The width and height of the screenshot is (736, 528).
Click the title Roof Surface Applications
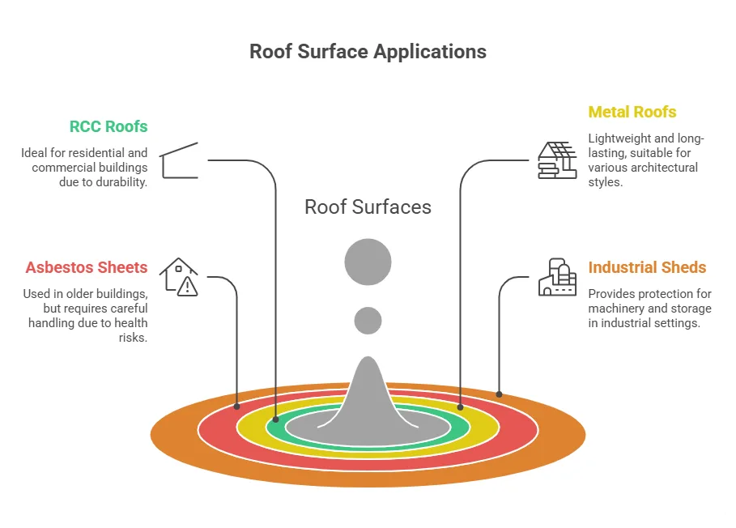(368, 52)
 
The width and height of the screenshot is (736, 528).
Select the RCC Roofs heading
(108, 126)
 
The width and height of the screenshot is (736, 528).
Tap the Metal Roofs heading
(632, 112)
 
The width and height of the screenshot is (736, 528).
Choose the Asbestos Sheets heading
(87, 267)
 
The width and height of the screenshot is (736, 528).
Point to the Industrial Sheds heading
(647, 267)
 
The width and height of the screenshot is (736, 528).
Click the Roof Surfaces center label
(368, 207)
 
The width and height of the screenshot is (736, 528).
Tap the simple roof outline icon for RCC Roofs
(179, 160)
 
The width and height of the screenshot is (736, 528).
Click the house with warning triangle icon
(179, 277)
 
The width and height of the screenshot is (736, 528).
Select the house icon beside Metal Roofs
(557, 160)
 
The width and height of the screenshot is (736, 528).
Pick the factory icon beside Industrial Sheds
(557, 277)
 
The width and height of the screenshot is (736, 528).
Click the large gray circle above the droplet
(368, 262)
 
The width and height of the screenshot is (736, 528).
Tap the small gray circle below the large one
(368, 321)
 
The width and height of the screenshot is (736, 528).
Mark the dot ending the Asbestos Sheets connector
(237, 407)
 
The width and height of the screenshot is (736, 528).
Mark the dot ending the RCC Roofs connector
(276, 419)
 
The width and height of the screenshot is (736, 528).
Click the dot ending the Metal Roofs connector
(460, 407)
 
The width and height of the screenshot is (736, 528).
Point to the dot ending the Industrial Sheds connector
(499, 394)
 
